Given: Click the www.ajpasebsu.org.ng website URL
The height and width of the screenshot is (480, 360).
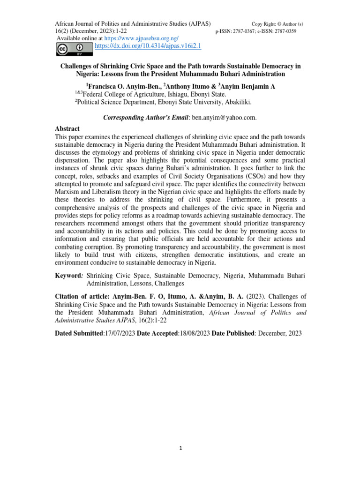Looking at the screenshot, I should pos(148,38).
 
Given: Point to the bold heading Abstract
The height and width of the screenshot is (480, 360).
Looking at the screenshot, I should pos(67,128).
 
